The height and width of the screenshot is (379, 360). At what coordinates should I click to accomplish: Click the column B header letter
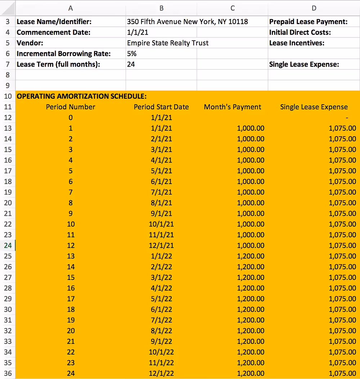(161, 8)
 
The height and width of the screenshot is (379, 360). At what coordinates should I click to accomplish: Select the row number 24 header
(8, 246)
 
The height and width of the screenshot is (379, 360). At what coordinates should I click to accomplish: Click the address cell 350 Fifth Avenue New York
(187, 22)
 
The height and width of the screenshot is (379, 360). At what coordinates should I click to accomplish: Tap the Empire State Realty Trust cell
(168, 43)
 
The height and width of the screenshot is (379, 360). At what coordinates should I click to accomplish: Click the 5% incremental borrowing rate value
(132, 54)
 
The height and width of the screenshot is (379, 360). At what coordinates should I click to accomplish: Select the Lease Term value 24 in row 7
(131, 65)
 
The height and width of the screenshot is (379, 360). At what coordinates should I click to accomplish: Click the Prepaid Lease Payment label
(308, 22)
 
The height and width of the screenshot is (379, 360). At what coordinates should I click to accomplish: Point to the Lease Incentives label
(297, 43)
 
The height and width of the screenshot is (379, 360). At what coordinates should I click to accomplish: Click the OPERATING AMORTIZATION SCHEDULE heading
(82, 96)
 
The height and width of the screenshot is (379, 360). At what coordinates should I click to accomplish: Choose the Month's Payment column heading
(233, 107)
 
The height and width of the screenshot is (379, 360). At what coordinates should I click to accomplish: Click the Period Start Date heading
(161, 107)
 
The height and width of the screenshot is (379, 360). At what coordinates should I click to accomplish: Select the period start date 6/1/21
(161, 182)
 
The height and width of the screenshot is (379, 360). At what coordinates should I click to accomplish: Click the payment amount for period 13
(251, 256)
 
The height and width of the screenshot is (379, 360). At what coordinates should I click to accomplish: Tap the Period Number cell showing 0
(71, 118)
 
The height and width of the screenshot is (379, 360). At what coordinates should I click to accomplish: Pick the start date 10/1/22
(161, 352)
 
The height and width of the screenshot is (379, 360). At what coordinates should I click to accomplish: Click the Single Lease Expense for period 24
(342, 373)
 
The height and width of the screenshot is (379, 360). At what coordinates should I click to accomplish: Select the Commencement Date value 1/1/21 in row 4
(138, 32)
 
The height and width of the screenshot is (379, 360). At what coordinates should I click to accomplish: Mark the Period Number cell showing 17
(71, 299)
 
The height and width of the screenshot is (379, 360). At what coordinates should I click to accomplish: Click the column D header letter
(314, 8)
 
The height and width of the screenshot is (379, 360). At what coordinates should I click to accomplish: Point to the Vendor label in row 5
(30, 43)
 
